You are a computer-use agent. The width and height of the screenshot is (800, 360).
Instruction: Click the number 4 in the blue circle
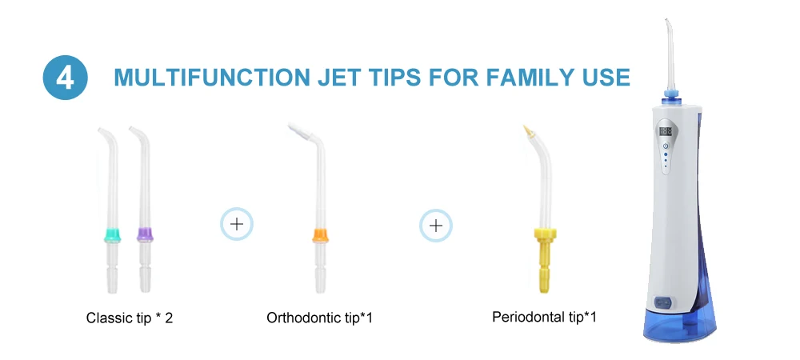pyautogui.click(x=66, y=78)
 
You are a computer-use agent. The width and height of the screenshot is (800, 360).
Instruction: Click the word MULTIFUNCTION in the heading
pyautogui.click(x=212, y=78)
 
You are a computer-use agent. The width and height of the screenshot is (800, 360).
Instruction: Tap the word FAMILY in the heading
pyautogui.click(x=533, y=78)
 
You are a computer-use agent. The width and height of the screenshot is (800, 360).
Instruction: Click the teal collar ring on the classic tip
pyautogui.click(x=112, y=235)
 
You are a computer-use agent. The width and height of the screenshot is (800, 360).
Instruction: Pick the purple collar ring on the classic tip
pyautogui.click(x=145, y=234)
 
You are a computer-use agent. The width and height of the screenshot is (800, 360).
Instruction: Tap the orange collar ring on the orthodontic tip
pyautogui.click(x=320, y=235)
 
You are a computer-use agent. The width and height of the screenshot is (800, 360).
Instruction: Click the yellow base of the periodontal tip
pyautogui.click(x=545, y=258)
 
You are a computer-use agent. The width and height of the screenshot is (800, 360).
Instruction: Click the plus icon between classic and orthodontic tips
pyautogui.click(x=237, y=224)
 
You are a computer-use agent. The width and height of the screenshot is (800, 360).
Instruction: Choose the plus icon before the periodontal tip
pyautogui.click(x=436, y=226)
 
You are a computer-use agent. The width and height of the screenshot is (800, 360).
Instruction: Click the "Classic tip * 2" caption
pyautogui.click(x=130, y=318)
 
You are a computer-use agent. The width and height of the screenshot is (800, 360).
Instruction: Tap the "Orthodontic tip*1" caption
pyautogui.click(x=319, y=318)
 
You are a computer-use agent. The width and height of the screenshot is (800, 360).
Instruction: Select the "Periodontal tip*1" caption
pyautogui.click(x=544, y=317)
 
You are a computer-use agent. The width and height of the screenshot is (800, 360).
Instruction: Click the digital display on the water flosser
pyautogui.click(x=666, y=131)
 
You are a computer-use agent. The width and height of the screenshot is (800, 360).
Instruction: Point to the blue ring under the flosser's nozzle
pyautogui.click(x=670, y=94)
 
